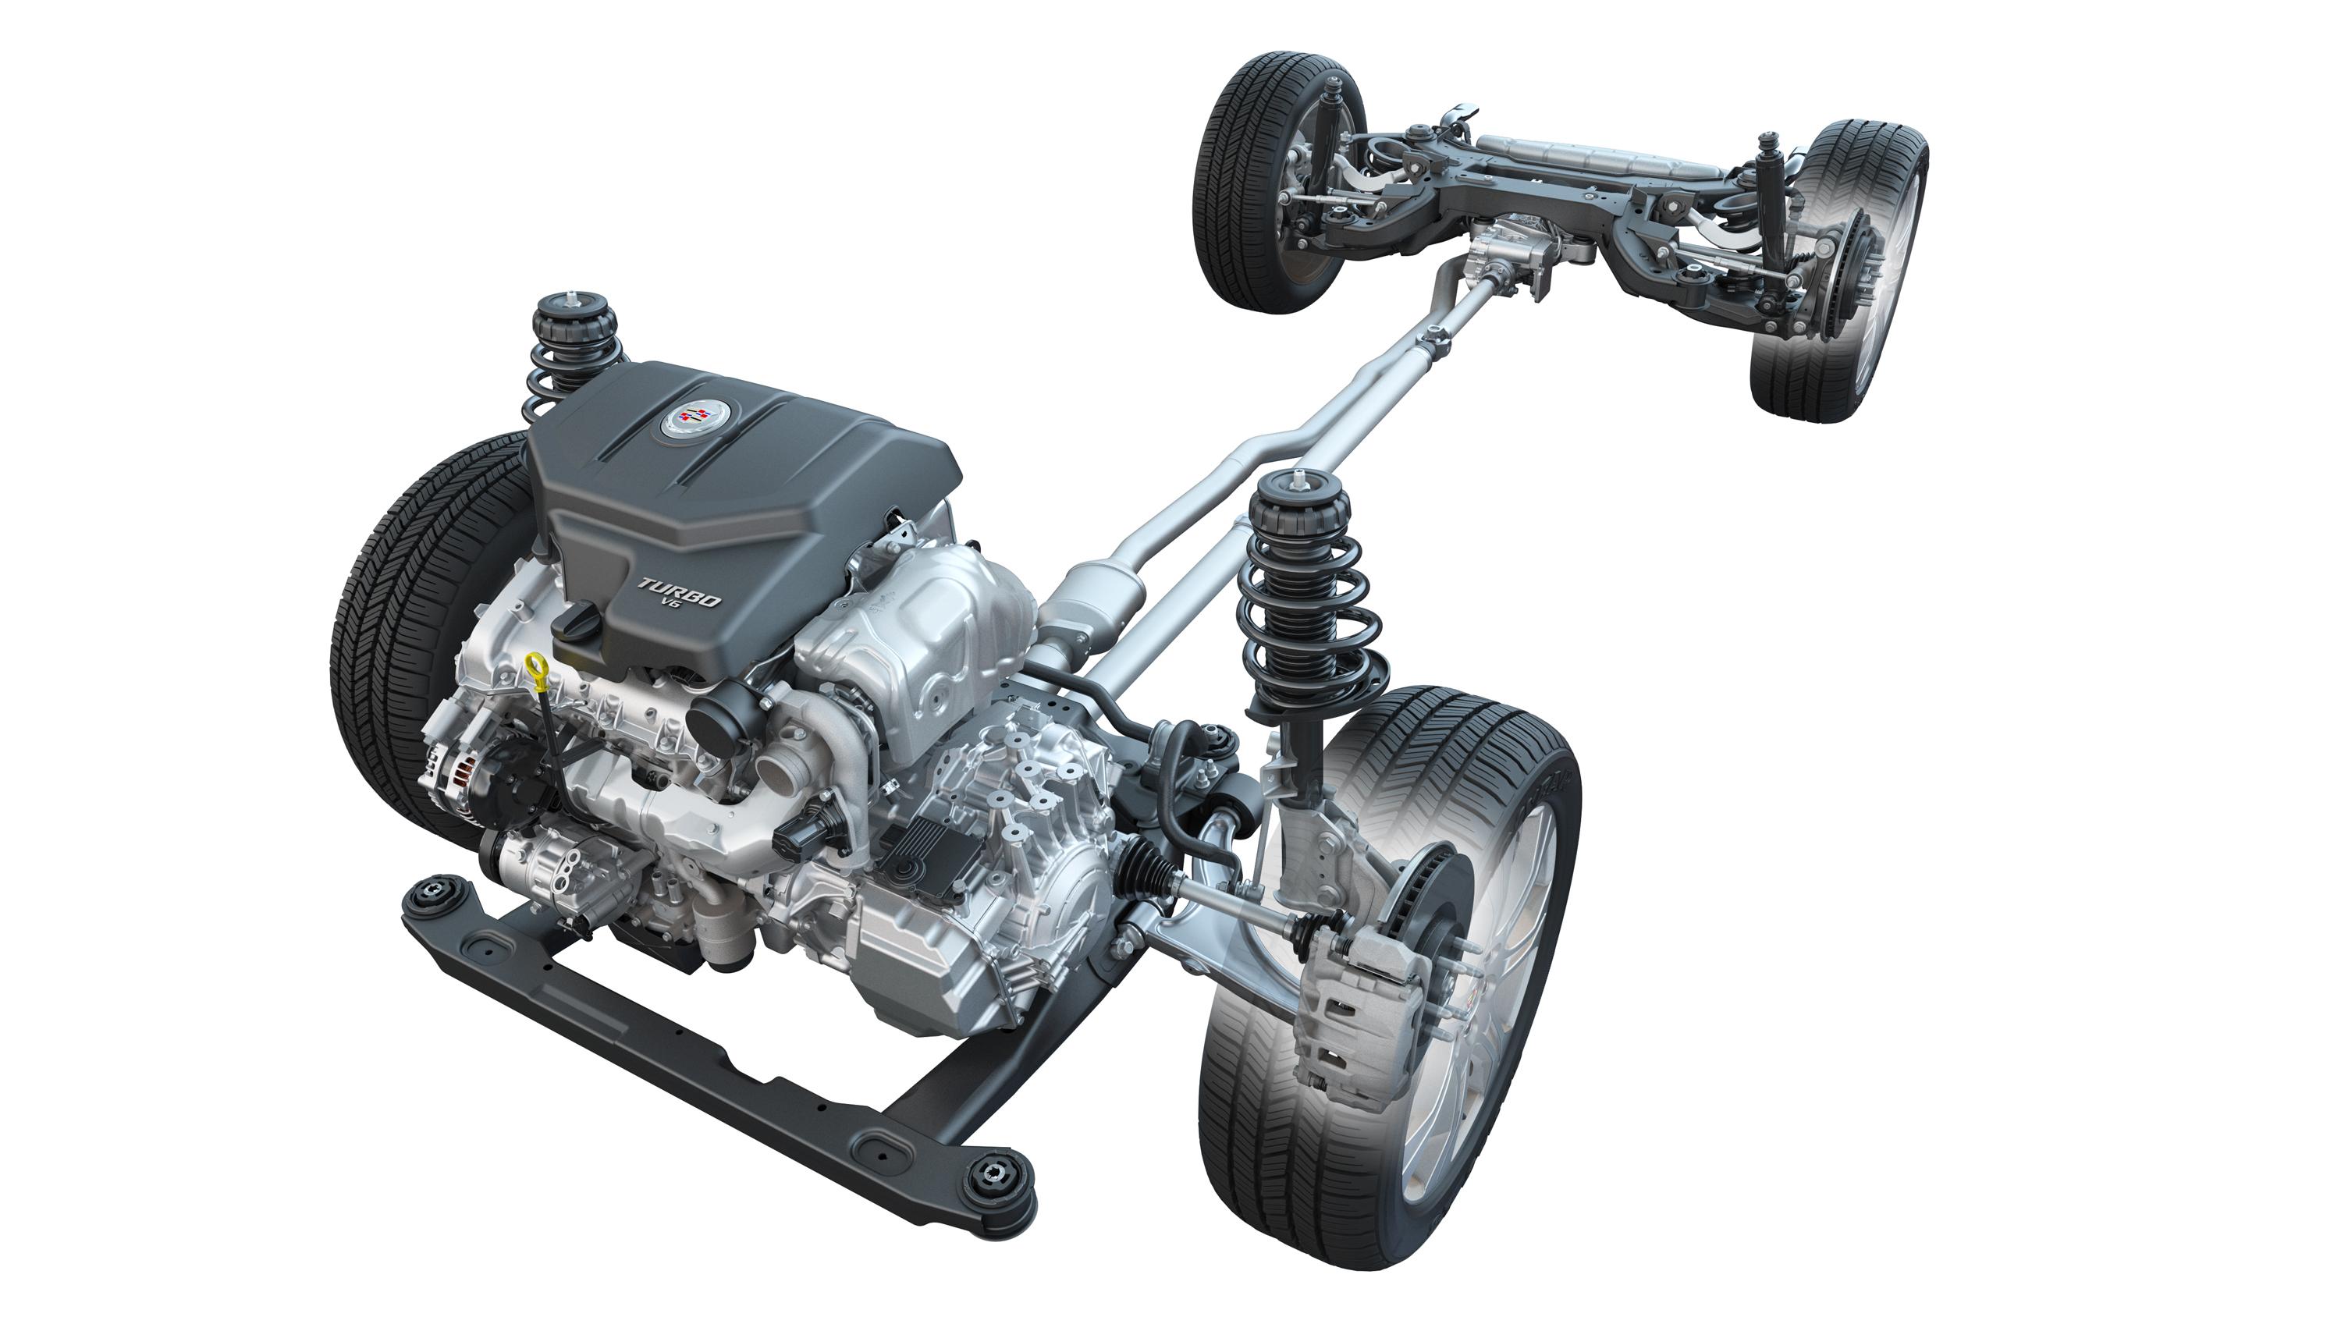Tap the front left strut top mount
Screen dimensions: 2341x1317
coord(574,316)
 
